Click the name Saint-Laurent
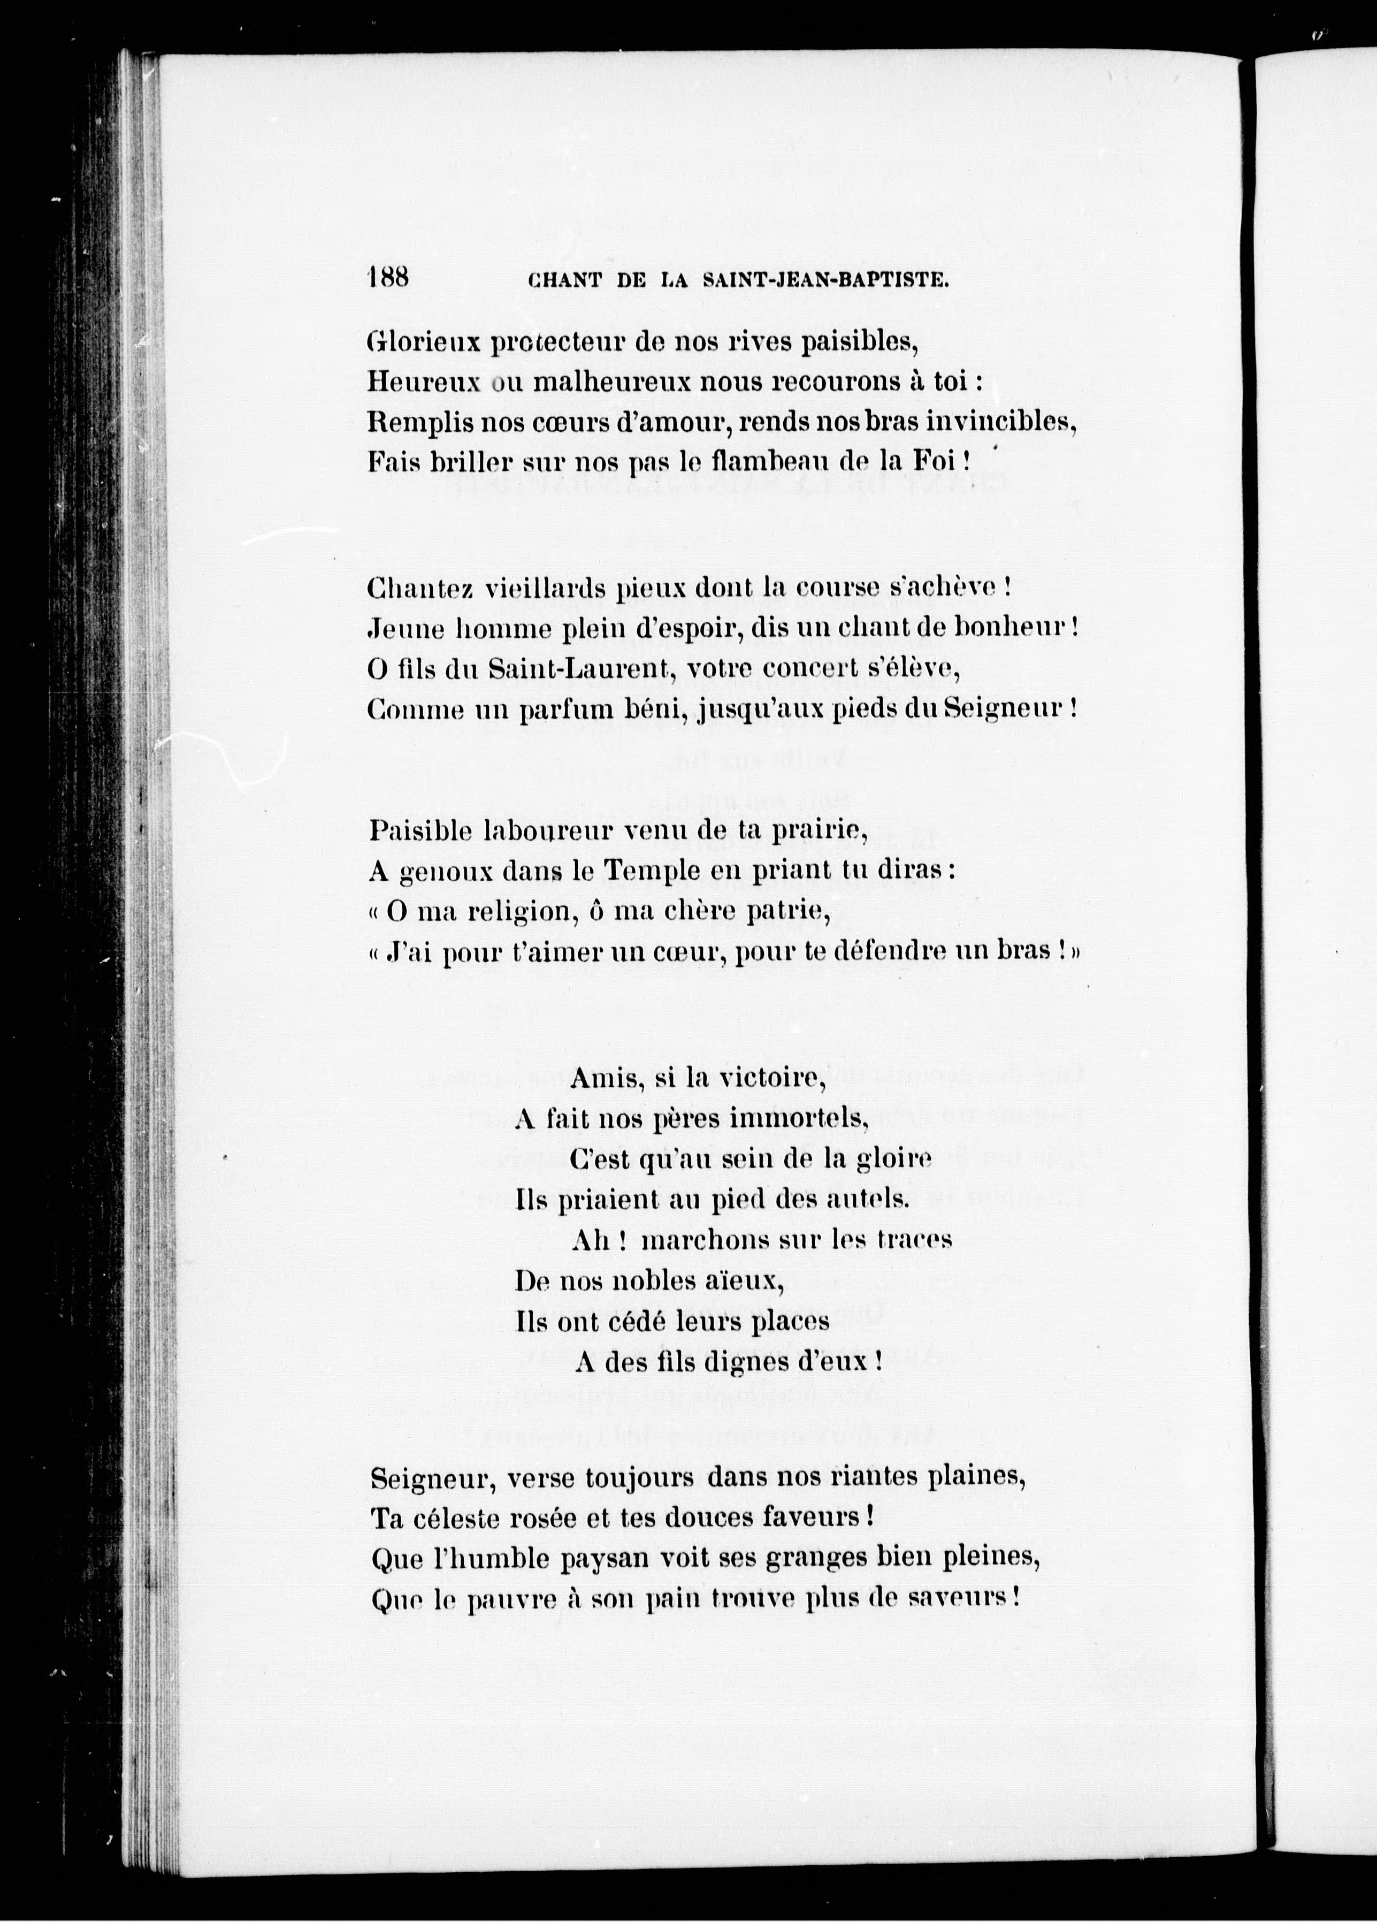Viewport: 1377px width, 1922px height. coord(579,669)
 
